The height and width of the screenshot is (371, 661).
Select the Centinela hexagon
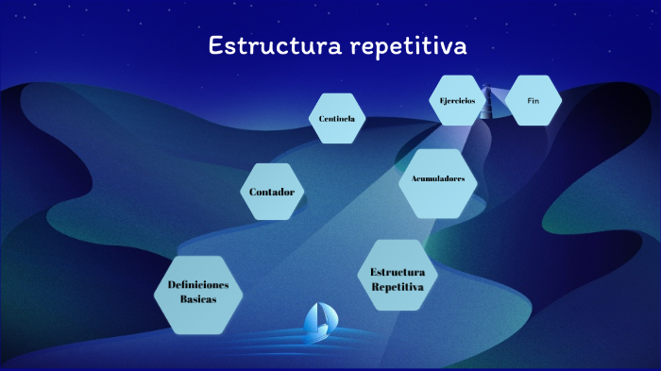click(337, 118)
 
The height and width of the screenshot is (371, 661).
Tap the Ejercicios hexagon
click(458, 100)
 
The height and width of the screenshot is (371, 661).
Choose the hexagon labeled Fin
click(533, 100)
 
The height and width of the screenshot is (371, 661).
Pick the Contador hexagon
click(272, 192)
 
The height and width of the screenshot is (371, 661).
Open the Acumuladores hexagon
click(438, 179)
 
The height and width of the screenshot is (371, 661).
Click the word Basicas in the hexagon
click(198, 299)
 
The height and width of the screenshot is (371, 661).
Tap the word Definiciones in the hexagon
click(198, 285)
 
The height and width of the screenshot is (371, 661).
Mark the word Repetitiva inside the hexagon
click(398, 285)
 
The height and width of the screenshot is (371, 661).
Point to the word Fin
click(533, 100)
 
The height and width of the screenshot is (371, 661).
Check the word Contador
click(272, 192)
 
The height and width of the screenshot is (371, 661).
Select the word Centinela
click(337, 118)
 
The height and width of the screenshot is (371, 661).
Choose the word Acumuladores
click(438, 178)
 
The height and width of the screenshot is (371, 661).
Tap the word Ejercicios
click(458, 100)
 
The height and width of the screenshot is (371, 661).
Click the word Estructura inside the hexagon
click(398, 271)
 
